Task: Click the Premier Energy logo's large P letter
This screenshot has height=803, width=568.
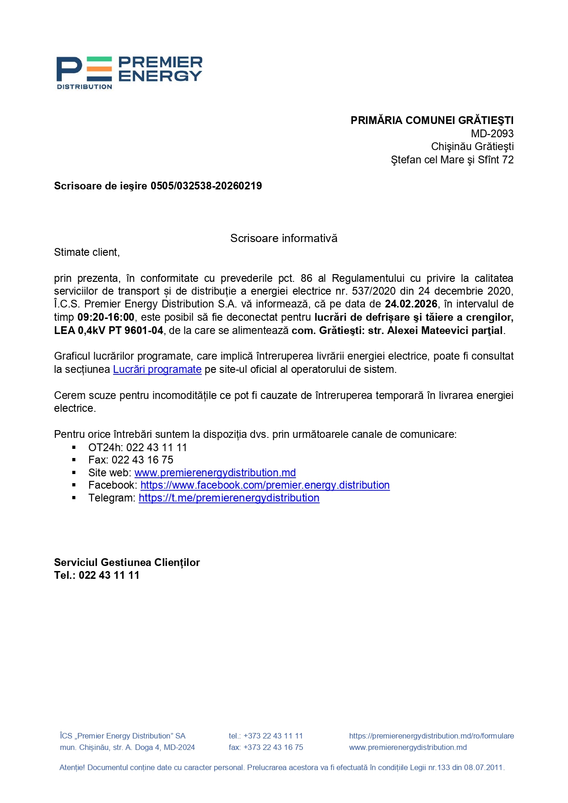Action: coord(69,69)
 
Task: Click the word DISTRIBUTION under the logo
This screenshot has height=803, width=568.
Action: coord(84,87)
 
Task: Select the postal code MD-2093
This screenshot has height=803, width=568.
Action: coord(492,134)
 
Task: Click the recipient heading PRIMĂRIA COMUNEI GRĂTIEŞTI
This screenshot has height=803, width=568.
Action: coord(432,120)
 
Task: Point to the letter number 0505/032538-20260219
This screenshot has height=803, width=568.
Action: coord(206,186)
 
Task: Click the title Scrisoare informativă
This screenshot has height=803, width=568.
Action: coord(283,238)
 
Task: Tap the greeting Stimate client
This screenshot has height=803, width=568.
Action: coord(87,252)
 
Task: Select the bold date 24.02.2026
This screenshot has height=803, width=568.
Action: coord(411,304)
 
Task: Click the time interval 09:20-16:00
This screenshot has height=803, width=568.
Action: coord(106,317)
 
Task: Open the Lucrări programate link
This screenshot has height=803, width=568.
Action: coord(157,369)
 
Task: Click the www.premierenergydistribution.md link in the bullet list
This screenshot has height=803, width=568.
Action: coord(215,473)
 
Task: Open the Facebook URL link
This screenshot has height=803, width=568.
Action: coord(265,485)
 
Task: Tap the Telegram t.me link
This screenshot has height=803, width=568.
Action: coord(229,498)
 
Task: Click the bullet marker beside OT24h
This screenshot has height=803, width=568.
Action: coord(74,447)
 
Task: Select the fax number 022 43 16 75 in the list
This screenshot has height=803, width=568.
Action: coord(142,460)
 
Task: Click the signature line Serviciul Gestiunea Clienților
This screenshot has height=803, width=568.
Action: coord(127,562)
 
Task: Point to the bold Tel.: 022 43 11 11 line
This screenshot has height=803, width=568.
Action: coord(97,575)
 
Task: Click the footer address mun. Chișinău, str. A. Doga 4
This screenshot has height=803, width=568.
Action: coord(127,747)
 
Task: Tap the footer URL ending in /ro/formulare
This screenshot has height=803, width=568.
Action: coord(431,736)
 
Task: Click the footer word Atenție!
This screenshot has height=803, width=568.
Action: coord(72,767)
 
